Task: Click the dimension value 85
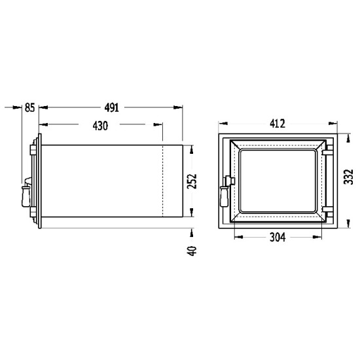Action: (x=30, y=107)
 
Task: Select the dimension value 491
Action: (x=112, y=107)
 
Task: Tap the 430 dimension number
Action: (x=100, y=126)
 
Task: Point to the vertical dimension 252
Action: (x=192, y=181)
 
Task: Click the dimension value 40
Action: (x=192, y=251)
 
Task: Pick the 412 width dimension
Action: (x=278, y=124)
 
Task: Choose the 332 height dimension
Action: (x=348, y=177)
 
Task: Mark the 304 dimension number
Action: (x=278, y=237)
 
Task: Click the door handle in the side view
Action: (x=26, y=196)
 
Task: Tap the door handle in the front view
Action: (x=224, y=196)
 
